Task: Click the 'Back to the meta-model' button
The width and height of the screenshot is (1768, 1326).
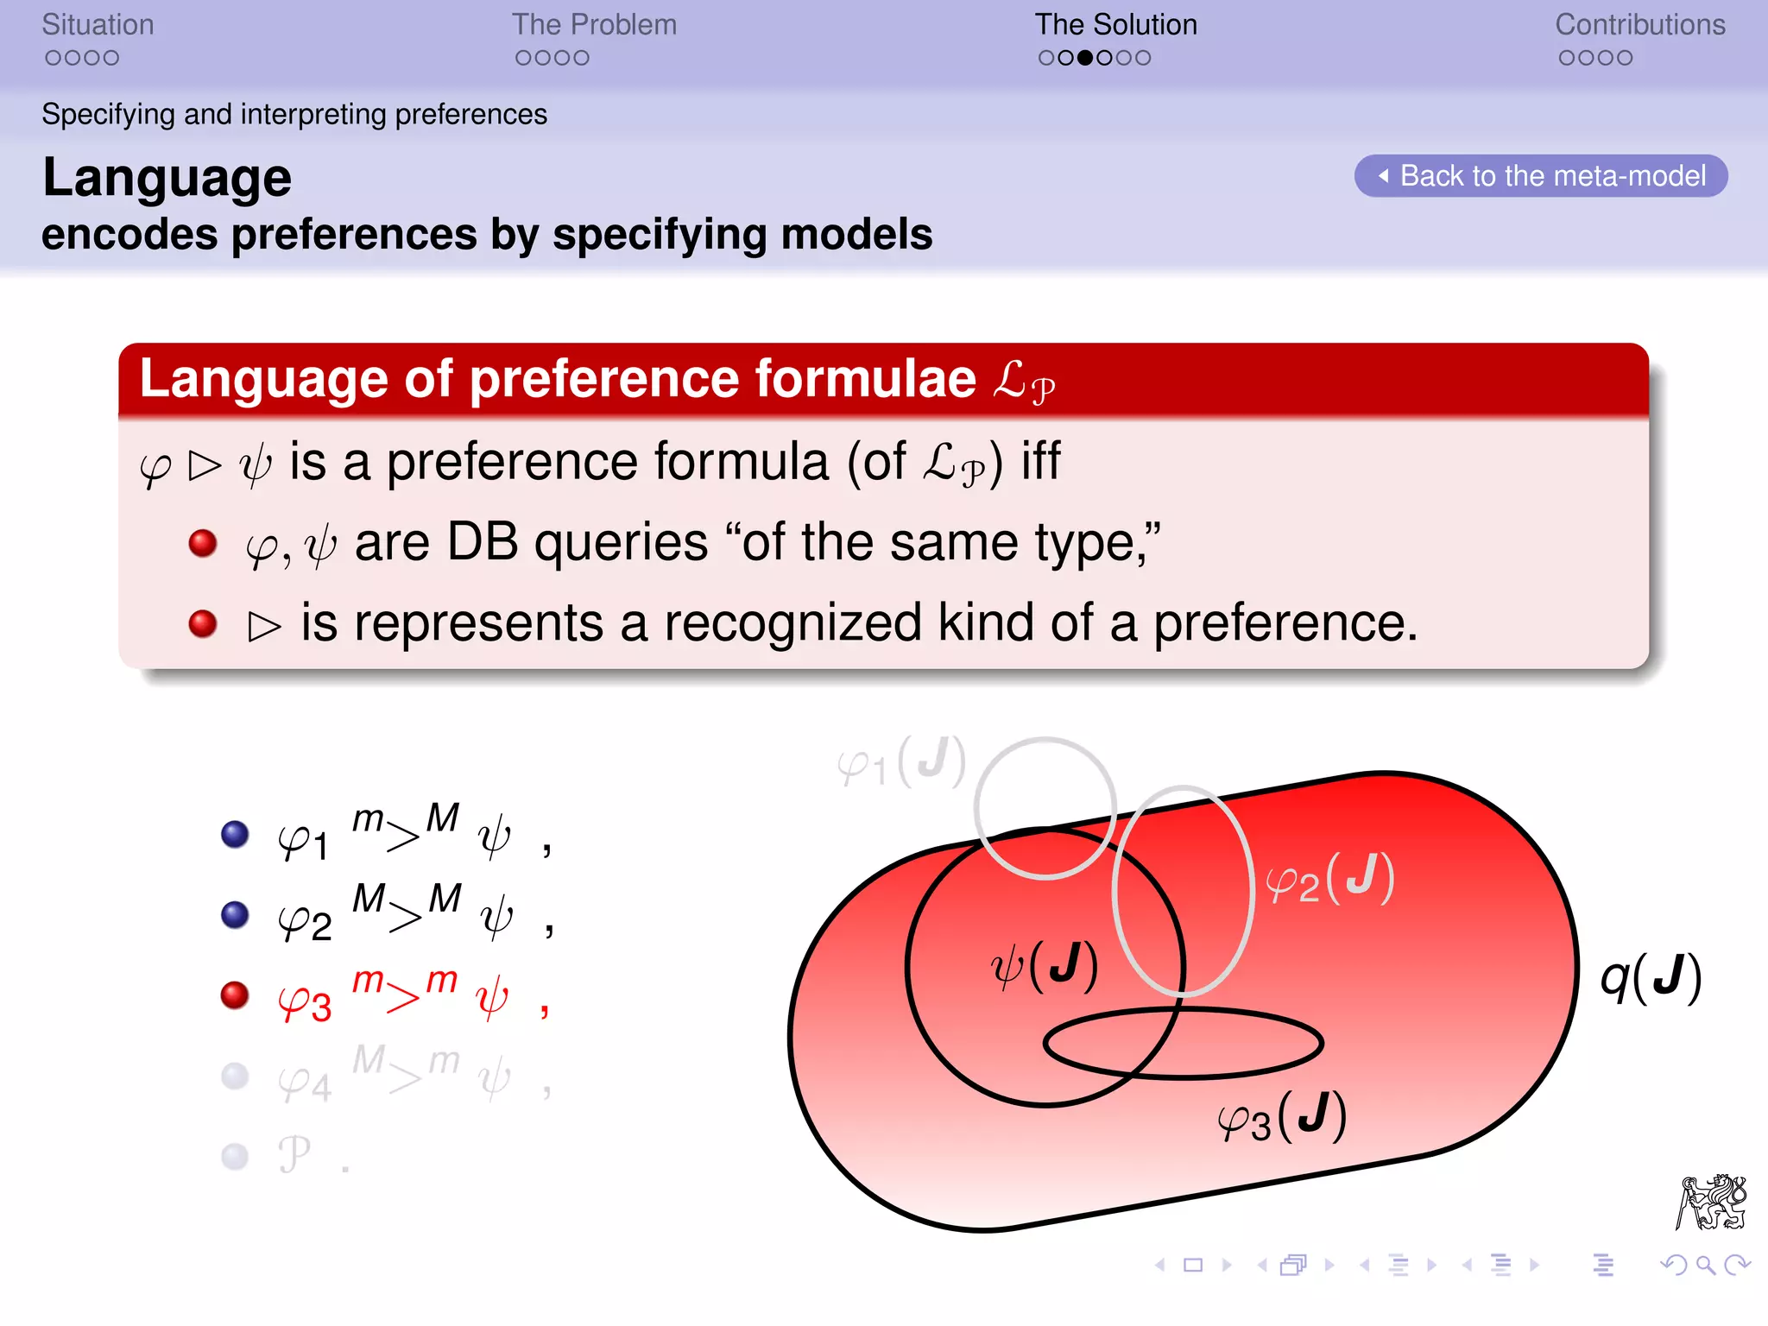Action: [1541, 176]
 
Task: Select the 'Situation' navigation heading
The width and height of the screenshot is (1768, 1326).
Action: [98, 25]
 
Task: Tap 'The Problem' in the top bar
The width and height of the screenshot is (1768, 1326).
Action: [594, 25]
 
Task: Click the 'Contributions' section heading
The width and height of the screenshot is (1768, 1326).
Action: [1639, 25]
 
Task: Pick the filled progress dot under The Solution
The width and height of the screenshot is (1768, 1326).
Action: [1085, 58]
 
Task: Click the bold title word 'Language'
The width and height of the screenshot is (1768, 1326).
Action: [167, 178]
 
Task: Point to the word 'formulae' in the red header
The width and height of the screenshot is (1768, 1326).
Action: [865, 379]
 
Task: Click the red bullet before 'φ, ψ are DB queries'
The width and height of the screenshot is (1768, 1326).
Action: [203, 543]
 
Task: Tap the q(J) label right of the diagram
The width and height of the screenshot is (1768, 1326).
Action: [1650, 977]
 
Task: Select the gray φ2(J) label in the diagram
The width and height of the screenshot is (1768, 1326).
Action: [1329, 879]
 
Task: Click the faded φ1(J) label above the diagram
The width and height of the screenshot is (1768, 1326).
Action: [901, 762]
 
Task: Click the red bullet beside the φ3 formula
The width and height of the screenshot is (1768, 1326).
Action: [235, 995]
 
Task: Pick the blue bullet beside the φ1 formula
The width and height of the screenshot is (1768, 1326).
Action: [235, 834]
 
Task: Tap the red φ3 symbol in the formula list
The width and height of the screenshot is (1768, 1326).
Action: [304, 1003]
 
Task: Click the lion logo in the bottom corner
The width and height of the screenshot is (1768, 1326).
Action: [1711, 1202]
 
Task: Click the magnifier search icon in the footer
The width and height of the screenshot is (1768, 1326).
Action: [1705, 1266]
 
